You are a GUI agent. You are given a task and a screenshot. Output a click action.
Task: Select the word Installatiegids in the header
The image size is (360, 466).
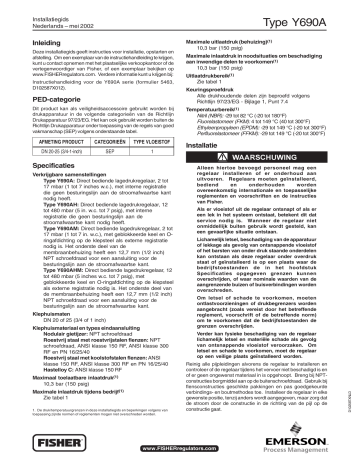[37, 10]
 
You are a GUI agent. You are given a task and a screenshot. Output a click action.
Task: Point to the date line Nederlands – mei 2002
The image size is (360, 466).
[45, 17]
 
